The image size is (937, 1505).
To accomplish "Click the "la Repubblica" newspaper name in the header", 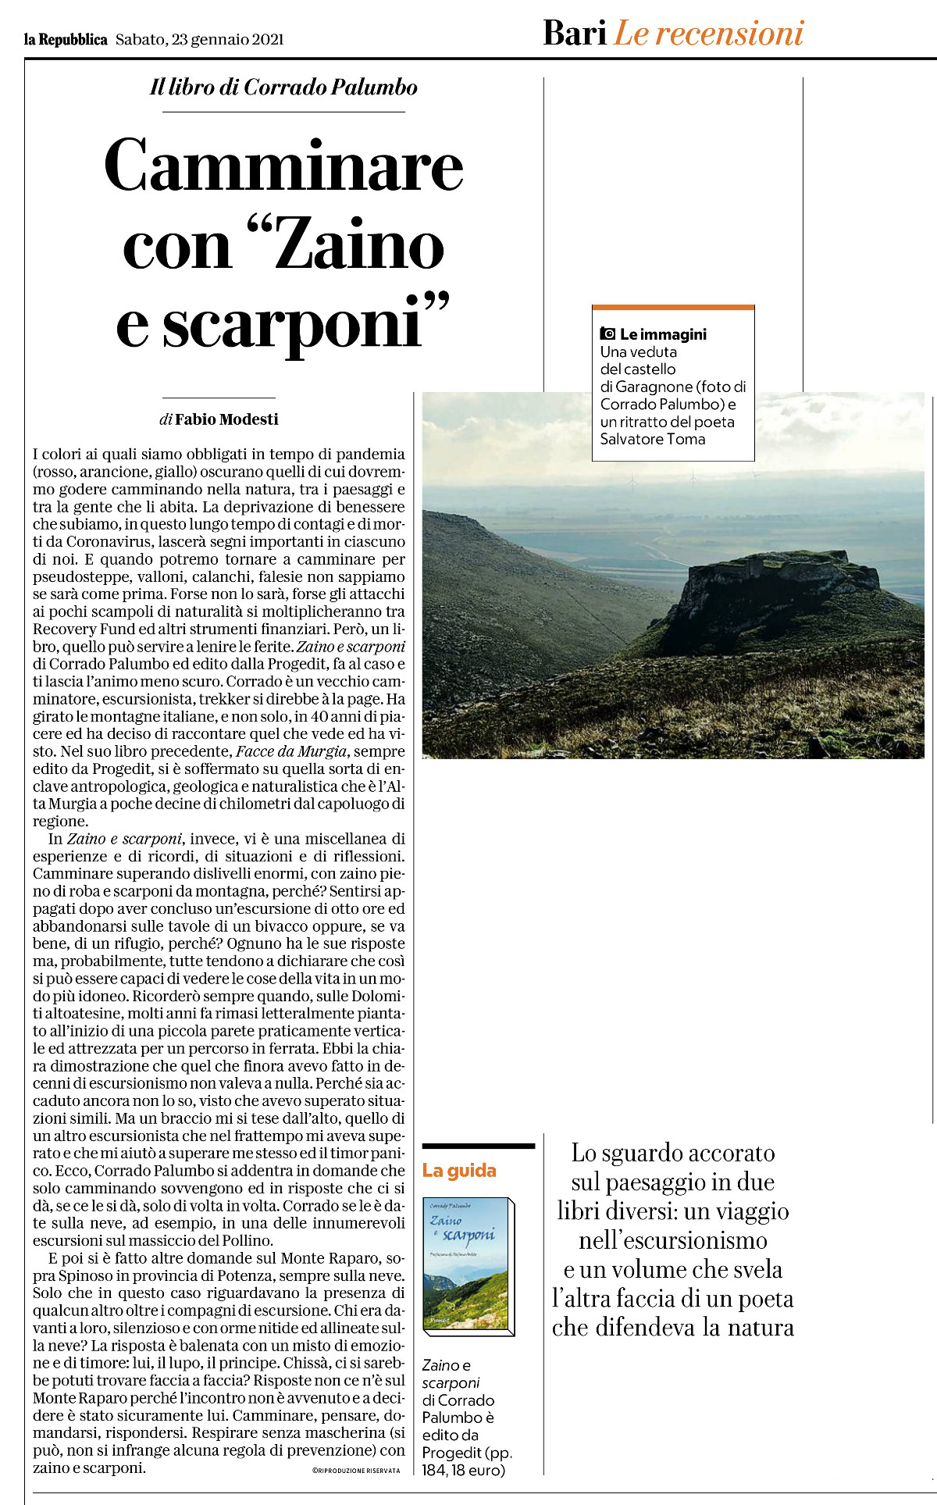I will tap(66, 40).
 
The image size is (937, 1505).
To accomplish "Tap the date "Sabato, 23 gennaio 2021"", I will tap(199, 40).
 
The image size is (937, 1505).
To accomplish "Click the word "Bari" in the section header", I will tap(575, 34).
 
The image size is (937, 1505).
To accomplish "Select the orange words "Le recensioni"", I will tap(708, 34).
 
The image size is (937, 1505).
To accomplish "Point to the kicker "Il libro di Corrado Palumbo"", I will tap(283, 87).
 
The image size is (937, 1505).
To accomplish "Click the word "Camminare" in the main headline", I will tap(283, 166).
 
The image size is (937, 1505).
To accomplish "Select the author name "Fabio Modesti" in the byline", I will tap(226, 419).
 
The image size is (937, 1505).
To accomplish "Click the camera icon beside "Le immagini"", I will tap(607, 334).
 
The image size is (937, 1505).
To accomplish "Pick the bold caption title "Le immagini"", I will tap(663, 334).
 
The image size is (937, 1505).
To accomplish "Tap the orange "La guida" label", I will tap(459, 1171).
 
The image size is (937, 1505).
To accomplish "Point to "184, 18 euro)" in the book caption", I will tap(464, 1471).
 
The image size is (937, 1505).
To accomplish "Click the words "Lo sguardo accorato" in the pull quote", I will tap(672, 1154).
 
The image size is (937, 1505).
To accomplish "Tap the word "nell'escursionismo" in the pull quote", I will tap(672, 1240).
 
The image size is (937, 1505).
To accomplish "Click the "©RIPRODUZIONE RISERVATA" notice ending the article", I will tap(355, 1471).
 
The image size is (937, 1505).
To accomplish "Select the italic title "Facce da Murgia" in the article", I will tap(290, 751).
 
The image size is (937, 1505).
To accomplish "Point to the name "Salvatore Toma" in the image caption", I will tap(652, 439).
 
